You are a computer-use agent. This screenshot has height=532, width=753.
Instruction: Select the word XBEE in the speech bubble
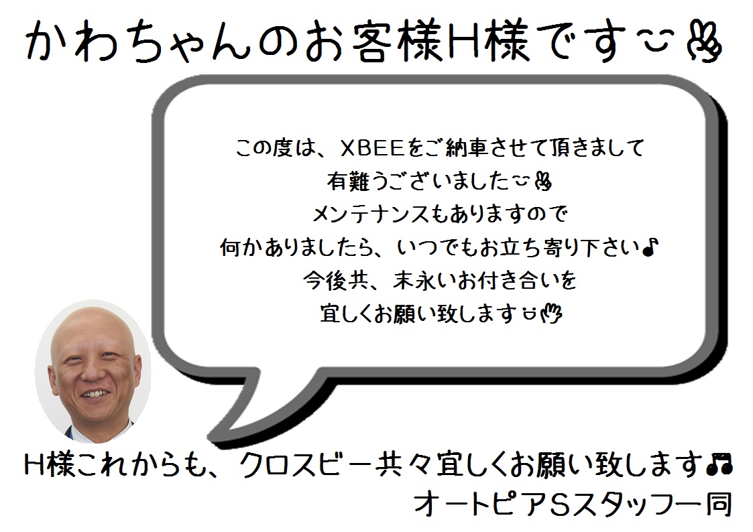[373, 148]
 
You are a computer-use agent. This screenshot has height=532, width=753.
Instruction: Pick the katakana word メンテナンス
[370, 214]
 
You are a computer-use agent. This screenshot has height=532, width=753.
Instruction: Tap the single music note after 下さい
[649, 247]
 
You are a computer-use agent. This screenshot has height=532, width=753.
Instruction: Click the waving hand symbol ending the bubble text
[551, 314]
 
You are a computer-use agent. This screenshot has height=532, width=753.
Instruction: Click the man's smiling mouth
[95, 395]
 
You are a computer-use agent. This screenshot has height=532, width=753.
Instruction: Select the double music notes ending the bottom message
[719, 464]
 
